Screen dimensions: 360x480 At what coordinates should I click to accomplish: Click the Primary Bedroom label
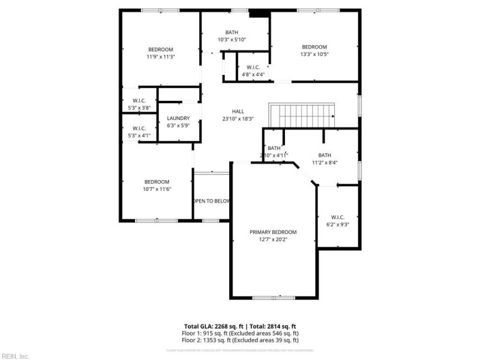(273, 232)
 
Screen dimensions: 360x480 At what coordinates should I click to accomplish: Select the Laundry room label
(178, 118)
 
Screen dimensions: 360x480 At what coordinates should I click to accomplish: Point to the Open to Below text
(211, 201)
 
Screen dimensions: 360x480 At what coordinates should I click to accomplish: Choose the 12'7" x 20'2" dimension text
(273, 240)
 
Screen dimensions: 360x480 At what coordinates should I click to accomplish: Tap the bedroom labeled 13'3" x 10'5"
(314, 47)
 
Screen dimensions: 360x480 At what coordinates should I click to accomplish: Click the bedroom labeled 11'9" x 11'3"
(161, 49)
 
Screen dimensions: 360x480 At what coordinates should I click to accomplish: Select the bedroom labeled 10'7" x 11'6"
(157, 182)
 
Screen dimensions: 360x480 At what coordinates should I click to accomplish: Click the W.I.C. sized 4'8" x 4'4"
(253, 67)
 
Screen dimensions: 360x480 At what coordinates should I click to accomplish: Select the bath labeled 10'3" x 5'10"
(232, 32)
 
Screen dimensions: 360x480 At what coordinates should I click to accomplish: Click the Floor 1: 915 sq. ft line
(241, 333)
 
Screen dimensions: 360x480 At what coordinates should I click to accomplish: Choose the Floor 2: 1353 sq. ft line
(241, 340)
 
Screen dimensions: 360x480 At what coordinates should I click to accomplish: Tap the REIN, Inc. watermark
(15, 356)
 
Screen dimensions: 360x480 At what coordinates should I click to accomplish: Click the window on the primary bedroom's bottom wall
(274, 298)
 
